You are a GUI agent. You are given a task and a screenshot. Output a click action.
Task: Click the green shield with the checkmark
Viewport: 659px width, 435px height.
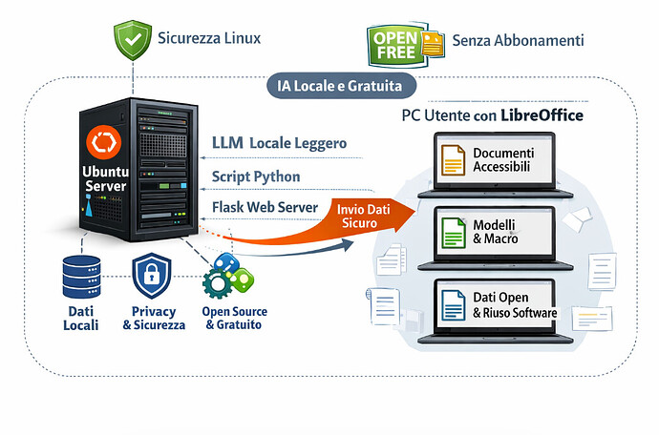(135, 41)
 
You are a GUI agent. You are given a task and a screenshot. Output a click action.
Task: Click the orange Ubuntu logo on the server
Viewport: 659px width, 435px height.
(100, 144)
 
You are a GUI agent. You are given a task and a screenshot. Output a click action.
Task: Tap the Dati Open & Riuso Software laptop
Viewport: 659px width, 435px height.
(496, 304)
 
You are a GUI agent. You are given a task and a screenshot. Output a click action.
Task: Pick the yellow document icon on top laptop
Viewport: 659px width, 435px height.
(452, 159)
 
